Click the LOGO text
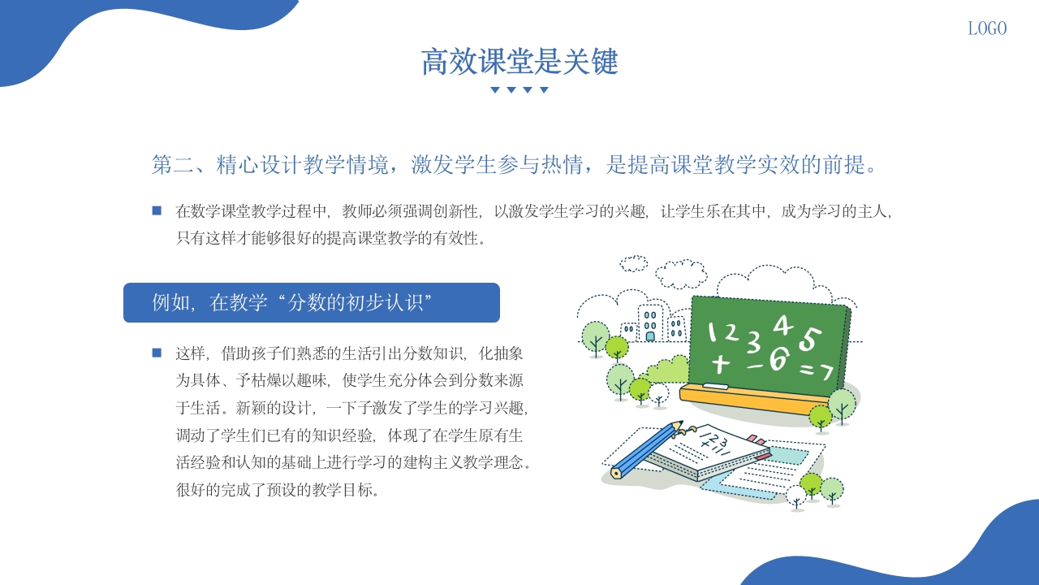987,28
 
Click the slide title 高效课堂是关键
519,62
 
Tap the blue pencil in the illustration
645,448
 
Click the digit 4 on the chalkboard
782,325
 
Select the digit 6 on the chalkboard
777,359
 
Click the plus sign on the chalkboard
719,363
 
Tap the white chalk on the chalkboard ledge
716,385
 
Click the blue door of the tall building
650,335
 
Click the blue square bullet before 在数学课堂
157,211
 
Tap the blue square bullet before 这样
157,353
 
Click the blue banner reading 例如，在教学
311,303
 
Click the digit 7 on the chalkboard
826,372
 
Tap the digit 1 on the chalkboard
713,331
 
